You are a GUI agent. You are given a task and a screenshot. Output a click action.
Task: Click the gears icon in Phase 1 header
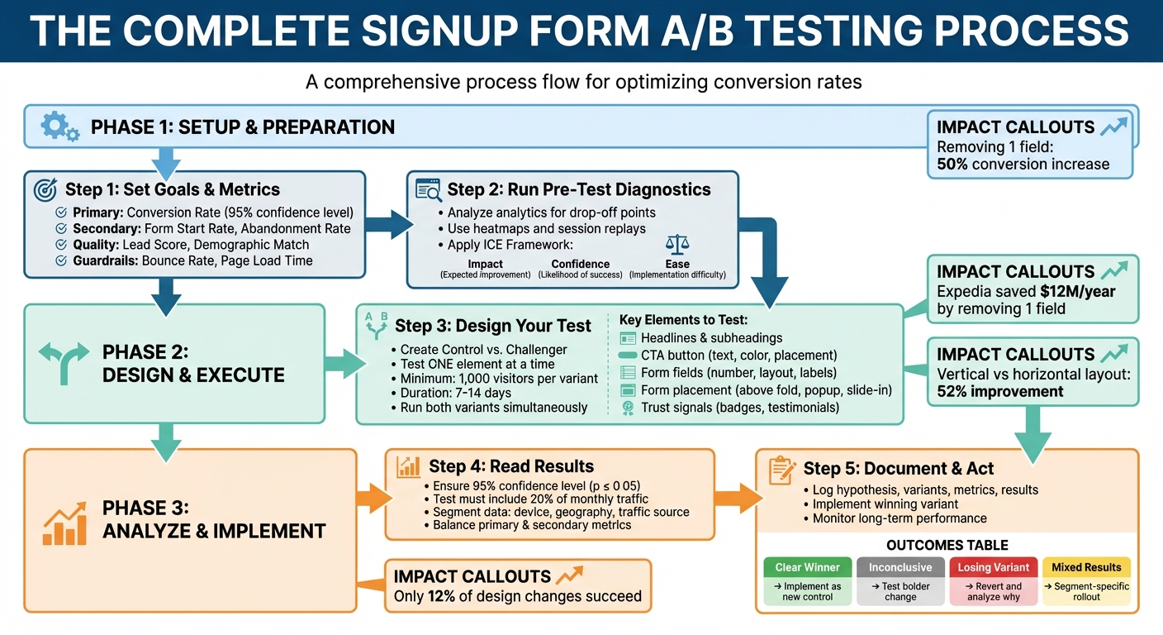click(59, 127)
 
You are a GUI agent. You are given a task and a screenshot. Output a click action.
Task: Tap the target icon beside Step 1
click(45, 189)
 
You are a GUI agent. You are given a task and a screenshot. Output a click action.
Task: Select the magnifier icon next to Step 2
click(429, 189)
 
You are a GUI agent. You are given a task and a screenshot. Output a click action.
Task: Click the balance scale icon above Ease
click(676, 245)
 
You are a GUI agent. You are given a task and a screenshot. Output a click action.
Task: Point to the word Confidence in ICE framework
click(580, 264)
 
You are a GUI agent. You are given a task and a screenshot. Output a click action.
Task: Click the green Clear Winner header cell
click(807, 567)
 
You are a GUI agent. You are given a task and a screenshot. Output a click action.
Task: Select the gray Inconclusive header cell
click(900, 567)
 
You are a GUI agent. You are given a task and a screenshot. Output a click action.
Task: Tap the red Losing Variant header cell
click(994, 567)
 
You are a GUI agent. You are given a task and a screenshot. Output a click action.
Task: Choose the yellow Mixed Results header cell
click(1086, 567)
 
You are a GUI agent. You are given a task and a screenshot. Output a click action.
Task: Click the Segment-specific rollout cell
click(1086, 591)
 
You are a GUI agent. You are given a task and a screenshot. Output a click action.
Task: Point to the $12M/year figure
click(1066, 292)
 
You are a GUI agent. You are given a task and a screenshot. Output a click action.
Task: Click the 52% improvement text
click(1000, 391)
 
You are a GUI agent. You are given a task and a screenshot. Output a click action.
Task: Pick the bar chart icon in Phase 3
click(64, 524)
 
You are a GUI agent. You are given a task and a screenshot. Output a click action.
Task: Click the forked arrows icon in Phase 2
click(63, 361)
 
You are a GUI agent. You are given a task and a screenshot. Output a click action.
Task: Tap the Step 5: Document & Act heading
click(899, 469)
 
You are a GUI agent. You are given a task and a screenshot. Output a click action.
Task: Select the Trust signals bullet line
click(739, 408)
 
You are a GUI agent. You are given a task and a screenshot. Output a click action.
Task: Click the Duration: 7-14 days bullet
click(455, 393)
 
